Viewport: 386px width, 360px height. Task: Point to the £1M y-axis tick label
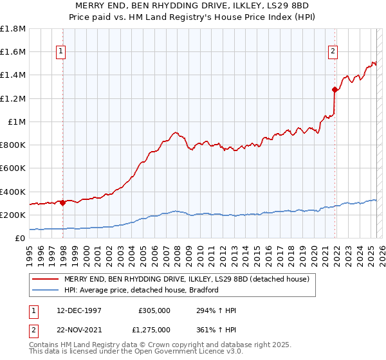17,122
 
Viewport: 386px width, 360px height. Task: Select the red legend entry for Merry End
187,279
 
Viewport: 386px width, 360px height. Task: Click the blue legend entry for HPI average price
142,290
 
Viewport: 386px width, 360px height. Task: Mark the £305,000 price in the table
154,310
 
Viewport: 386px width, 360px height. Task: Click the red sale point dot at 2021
335,90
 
